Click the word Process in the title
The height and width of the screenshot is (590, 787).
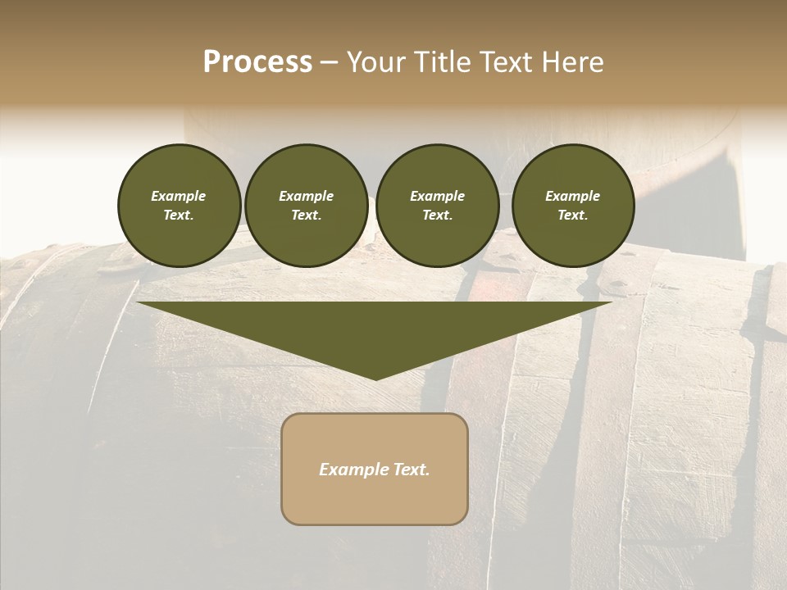257,62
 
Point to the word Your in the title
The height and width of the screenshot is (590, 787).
378,62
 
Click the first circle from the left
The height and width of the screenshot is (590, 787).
180,206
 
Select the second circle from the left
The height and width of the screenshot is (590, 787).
307,206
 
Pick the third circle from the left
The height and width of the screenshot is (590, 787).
438,206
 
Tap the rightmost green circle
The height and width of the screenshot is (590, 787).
573,206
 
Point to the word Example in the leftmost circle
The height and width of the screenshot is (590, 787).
179,196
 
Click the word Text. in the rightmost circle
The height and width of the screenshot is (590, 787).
573,216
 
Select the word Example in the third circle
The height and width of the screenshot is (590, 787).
438,196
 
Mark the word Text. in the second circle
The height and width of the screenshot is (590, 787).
307,216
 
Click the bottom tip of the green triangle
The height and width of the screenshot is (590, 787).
375,378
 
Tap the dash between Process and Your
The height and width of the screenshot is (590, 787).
329,63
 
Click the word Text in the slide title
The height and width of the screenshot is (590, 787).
506,62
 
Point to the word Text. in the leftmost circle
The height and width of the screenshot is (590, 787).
179,216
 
